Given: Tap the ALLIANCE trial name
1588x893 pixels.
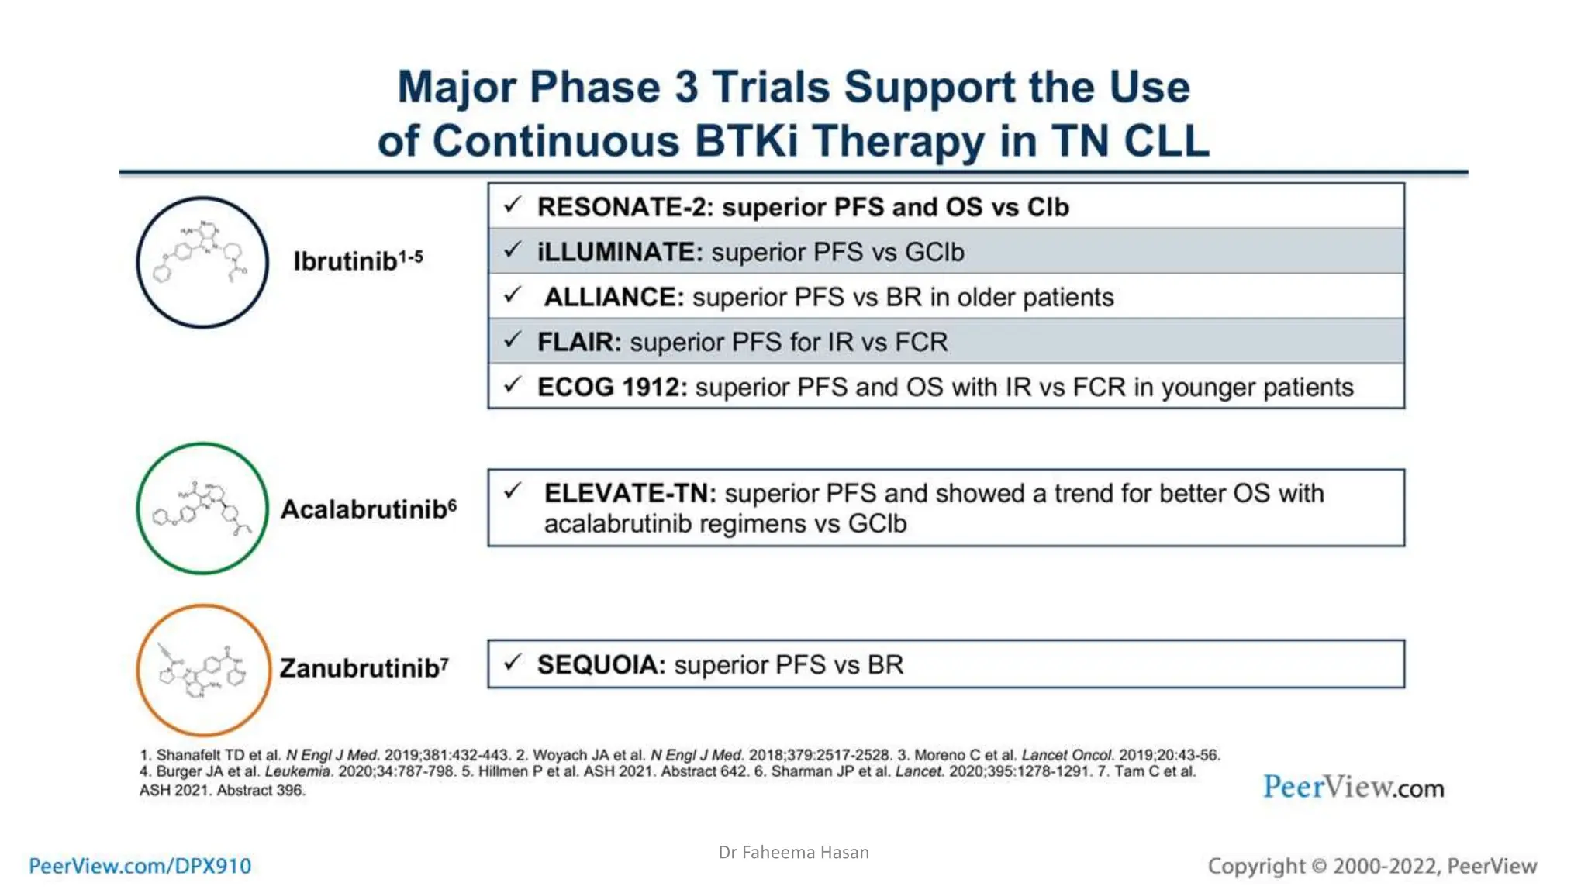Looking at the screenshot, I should (613, 298).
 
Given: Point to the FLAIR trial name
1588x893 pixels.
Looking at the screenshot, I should (578, 343).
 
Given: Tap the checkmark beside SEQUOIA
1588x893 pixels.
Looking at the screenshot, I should (512, 663).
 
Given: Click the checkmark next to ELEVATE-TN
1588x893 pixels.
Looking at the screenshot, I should (512, 491).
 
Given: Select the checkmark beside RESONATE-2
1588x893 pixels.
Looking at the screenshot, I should (512, 205).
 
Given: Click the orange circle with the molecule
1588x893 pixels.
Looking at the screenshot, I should (204, 670).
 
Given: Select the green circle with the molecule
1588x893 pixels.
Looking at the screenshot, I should (202, 509).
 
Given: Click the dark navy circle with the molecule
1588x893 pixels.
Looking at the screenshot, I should (202, 262).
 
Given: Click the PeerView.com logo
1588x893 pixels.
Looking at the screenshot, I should (1353, 788).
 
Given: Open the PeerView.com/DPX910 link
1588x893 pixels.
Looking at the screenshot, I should (140, 866).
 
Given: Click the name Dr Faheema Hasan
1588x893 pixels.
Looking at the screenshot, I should (793, 853).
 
